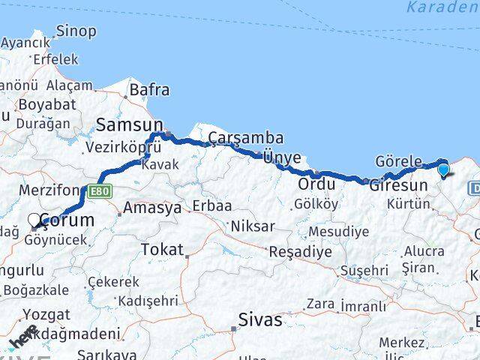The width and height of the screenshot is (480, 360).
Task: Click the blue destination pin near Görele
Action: tap(443, 169)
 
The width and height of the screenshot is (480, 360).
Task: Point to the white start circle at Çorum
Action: tap(34, 220)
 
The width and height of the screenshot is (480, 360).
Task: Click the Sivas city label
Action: tap(260, 320)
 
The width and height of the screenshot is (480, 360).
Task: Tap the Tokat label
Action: tap(162, 250)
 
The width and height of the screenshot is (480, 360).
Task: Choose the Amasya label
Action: tap(152, 208)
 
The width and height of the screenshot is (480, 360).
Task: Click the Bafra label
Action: tap(150, 90)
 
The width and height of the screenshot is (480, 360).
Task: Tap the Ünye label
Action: tap(282, 157)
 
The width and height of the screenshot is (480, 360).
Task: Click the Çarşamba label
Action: tap(246, 137)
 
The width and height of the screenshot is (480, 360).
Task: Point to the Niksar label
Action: tap(253, 226)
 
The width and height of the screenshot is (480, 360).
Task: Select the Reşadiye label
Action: tap(300, 251)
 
